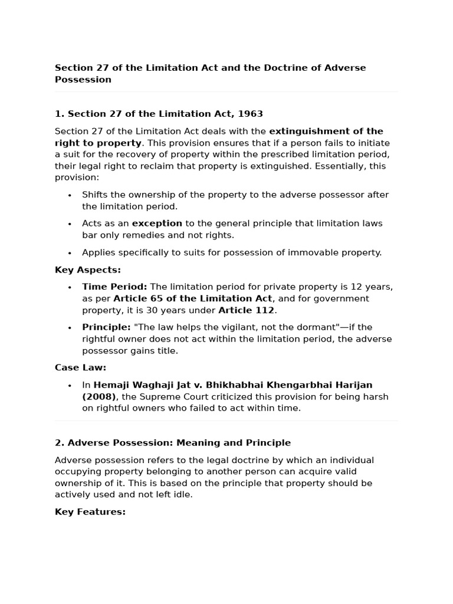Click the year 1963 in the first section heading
click(250, 114)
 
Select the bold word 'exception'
click(157, 224)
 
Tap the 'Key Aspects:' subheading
click(88, 270)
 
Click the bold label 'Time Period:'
click(114, 287)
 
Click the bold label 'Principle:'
click(106, 327)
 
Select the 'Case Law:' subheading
click(81, 367)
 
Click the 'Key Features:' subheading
click(90, 512)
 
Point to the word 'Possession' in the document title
click(83, 80)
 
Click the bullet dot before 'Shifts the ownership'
click(70, 195)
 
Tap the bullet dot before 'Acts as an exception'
click(70, 224)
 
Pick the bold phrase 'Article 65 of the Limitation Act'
click(193, 298)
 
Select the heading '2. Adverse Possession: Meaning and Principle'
click(173, 442)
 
